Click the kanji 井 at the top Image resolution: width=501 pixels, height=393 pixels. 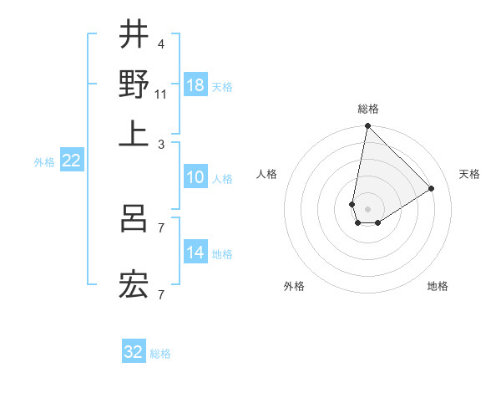pos(134,35)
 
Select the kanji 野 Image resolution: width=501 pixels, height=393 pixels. pos(134,84)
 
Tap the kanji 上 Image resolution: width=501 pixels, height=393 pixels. pos(134,134)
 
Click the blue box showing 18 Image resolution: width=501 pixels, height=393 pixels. pos(195,85)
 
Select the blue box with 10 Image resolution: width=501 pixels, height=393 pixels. pos(195,177)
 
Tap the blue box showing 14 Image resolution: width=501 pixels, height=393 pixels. pos(195,253)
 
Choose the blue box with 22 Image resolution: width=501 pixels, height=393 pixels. pos(71,161)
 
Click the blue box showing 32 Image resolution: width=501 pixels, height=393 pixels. pos(134,352)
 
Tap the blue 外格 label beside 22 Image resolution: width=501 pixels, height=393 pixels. pos(44,162)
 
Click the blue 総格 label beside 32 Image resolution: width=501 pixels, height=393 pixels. pos(160,353)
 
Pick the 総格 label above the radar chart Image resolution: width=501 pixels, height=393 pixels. pos(367,109)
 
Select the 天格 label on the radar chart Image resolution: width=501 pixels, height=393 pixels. pos(469,174)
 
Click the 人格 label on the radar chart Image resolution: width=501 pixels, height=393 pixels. pos(267,174)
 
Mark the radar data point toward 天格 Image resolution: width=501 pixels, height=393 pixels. pos(432,189)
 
